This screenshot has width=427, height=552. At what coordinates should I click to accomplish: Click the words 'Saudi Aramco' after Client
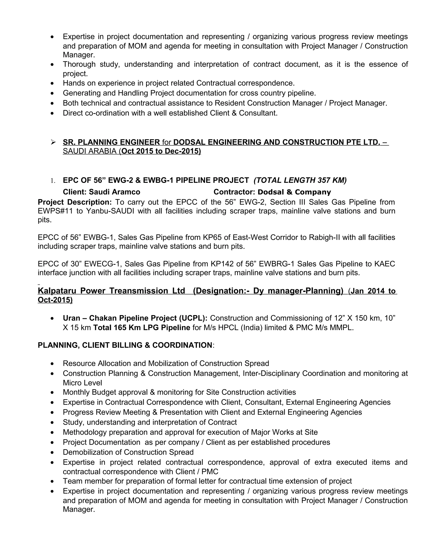[x=114, y=192]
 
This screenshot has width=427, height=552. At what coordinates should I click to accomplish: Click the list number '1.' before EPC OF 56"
[x=53, y=181]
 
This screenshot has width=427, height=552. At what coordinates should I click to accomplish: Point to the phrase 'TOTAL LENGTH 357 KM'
[x=300, y=180]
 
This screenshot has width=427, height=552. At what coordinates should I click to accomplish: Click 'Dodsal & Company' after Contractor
[x=294, y=192]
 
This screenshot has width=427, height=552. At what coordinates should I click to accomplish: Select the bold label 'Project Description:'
[x=75, y=202]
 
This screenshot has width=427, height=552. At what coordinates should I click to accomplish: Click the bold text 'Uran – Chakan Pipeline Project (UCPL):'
[x=135, y=318]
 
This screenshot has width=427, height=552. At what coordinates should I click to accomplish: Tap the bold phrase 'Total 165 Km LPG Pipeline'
[x=142, y=328]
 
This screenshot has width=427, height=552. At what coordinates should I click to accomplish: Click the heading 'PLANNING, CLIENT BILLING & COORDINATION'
[x=125, y=345]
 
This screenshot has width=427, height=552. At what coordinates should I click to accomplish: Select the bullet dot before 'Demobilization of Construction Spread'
[x=52, y=452]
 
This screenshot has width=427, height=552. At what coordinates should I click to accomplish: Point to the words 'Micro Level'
[x=83, y=383]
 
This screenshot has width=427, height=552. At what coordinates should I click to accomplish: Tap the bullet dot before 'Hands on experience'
[x=52, y=83]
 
